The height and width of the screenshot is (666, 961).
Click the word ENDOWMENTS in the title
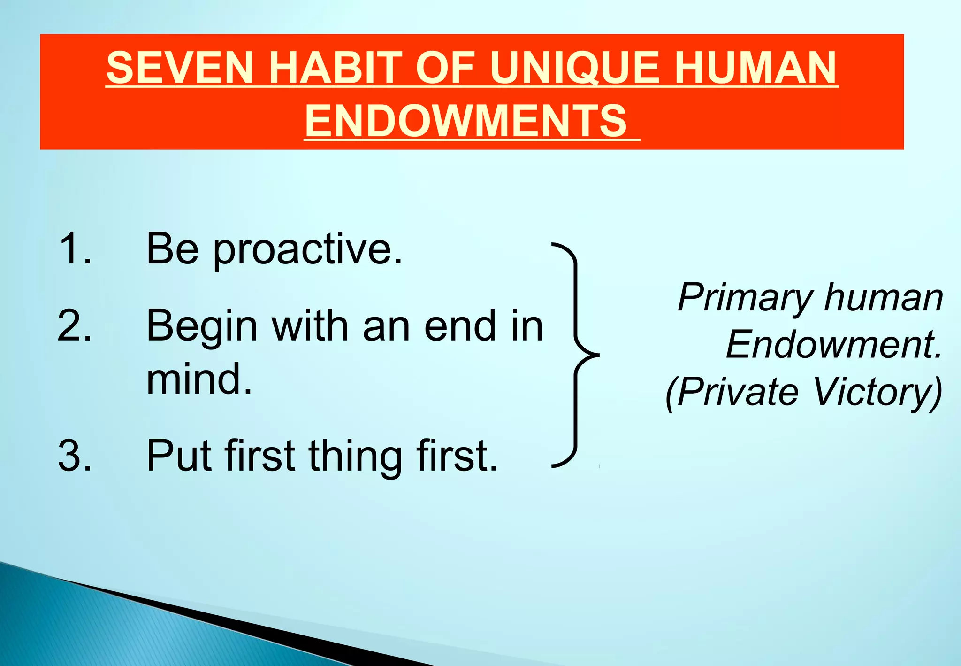[x=466, y=121]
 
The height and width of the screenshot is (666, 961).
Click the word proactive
[x=307, y=250]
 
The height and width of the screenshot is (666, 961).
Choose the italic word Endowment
[x=833, y=345]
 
